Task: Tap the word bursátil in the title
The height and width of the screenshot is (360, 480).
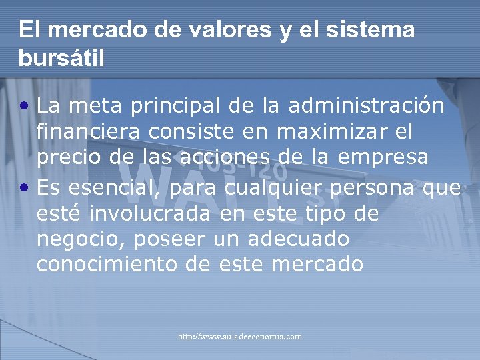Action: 61,59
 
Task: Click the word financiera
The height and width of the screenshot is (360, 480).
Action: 89,132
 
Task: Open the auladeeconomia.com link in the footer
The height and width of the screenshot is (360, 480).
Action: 239,337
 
